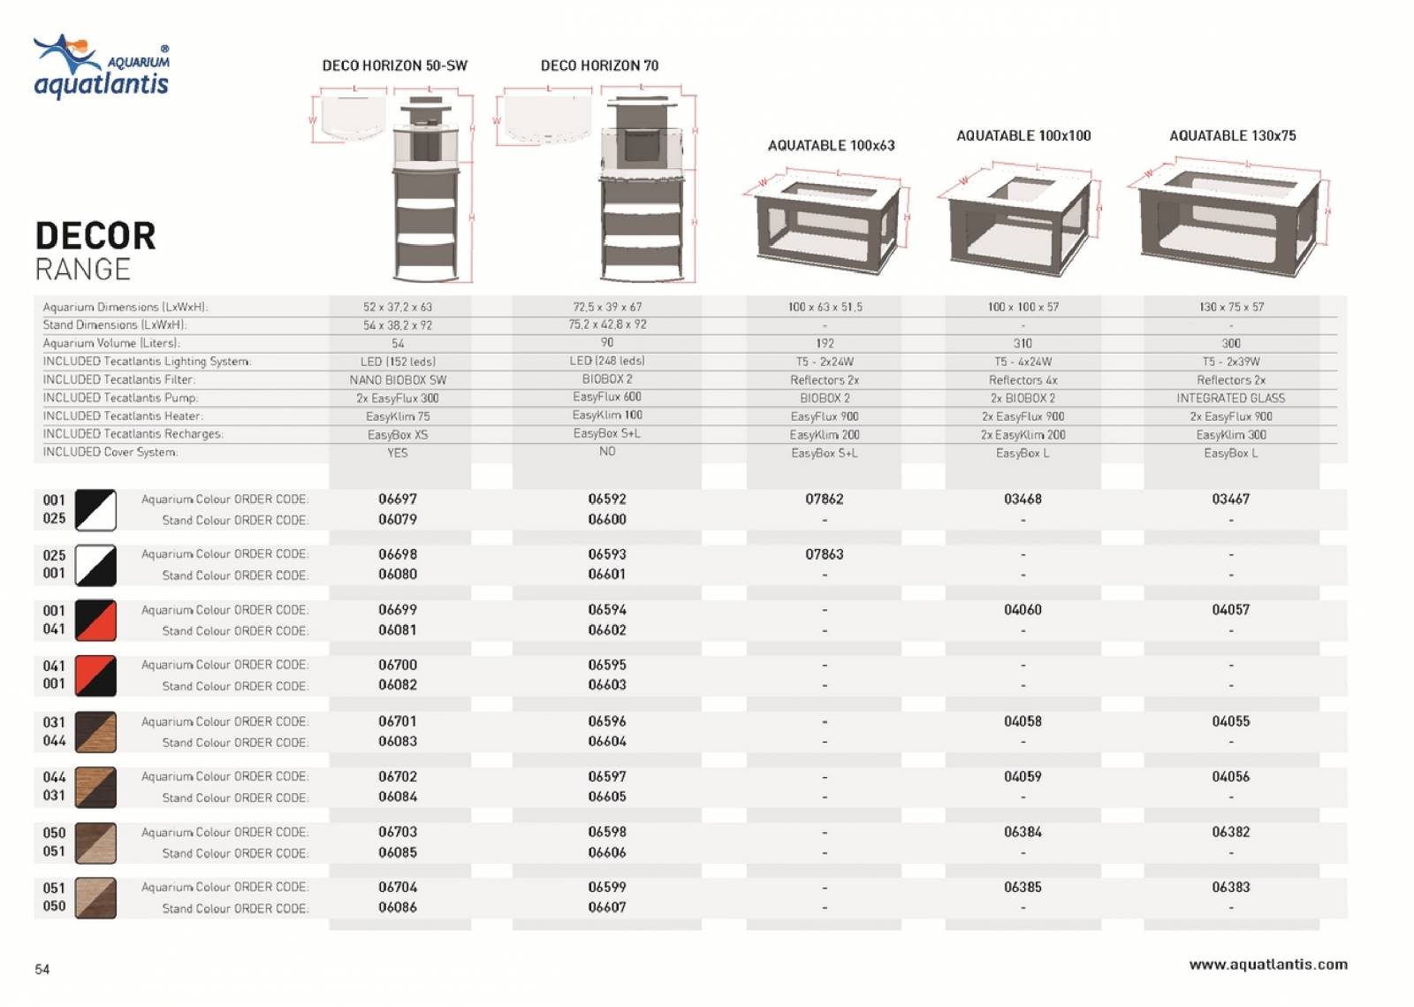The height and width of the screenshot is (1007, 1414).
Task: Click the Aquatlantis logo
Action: pyautogui.click(x=101, y=67)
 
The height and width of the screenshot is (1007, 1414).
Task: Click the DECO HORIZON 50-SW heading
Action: pyautogui.click(x=394, y=65)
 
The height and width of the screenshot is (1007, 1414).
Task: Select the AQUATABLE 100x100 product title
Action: pyautogui.click(x=1023, y=135)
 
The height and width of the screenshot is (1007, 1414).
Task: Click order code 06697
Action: pyautogui.click(x=398, y=499)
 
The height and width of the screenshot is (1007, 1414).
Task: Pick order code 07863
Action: pyautogui.click(x=824, y=554)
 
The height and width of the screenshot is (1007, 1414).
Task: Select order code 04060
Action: pyautogui.click(x=1022, y=609)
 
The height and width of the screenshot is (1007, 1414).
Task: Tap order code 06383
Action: pyautogui.click(x=1230, y=887)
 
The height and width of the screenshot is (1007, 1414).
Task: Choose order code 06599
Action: pyautogui.click(x=607, y=887)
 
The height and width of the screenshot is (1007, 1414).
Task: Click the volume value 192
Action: pyautogui.click(x=825, y=343)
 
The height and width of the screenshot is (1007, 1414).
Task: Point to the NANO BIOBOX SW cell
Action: pyautogui.click(x=398, y=379)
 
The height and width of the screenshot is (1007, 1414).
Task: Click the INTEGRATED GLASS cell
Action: pyautogui.click(x=1230, y=398)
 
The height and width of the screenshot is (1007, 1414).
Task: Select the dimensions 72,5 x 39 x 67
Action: pyautogui.click(x=607, y=307)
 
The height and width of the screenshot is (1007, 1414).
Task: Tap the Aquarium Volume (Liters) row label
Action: pyautogui.click(x=111, y=343)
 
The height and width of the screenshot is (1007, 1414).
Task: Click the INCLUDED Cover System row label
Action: pyautogui.click(x=110, y=452)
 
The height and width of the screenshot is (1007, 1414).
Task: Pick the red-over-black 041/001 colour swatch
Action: pyautogui.click(x=95, y=675)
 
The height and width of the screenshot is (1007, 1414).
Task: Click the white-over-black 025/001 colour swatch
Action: pyautogui.click(x=95, y=565)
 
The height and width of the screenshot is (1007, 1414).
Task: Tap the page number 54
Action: pyautogui.click(x=42, y=970)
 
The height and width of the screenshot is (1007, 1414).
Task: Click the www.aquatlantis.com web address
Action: pyautogui.click(x=1268, y=965)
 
